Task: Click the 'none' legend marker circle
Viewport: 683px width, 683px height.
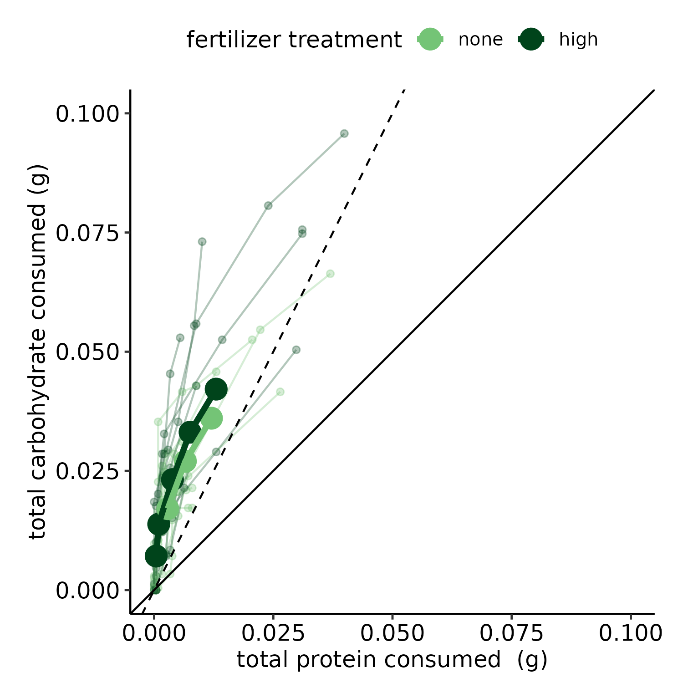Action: coord(430,40)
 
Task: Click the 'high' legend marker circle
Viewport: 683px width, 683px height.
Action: coord(531,40)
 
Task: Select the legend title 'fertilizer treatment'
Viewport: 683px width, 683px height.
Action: coord(294,40)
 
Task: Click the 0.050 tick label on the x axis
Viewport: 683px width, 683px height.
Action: coord(392,633)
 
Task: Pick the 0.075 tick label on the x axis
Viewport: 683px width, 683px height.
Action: coord(511,633)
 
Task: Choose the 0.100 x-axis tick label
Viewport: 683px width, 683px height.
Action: coord(630,633)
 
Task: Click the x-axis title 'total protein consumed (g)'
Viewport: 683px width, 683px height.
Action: coord(392,659)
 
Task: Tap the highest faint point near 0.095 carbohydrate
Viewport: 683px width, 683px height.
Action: coord(344,133)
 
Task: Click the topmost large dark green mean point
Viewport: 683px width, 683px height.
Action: coord(216,389)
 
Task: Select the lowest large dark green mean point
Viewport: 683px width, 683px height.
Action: coord(156,556)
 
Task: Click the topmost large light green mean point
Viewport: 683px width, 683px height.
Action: coord(211,418)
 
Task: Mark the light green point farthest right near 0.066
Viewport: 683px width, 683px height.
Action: coord(330,274)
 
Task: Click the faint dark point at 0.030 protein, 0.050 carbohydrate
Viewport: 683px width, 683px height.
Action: coord(296,350)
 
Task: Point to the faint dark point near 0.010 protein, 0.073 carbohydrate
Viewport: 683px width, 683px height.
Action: coord(202,241)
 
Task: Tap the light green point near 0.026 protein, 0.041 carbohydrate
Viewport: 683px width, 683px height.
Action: coord(280,392)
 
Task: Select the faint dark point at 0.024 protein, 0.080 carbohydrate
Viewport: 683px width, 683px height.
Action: coord(268,206)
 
